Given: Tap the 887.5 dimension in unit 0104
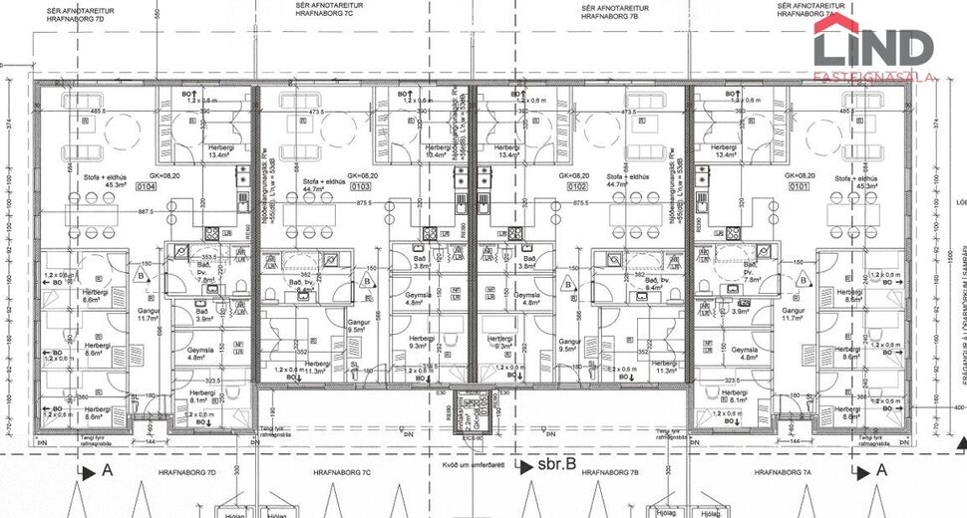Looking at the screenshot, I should pyautogui.click(x=146, y=212).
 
